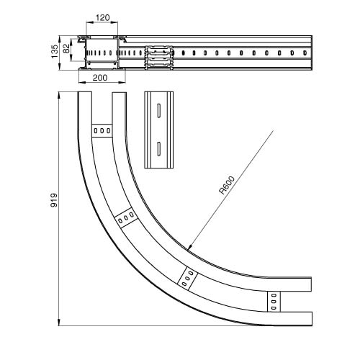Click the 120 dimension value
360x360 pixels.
click(x=102, y=17)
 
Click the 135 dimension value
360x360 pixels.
click(x=55, y=51)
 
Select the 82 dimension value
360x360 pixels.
click(x=66, y=48)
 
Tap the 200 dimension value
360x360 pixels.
click(x=100, y=78)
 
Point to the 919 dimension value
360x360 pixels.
click(x=54, y=200)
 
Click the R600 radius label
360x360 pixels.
click(x=227, y=185)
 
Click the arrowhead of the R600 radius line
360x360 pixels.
click(x=189, y=247)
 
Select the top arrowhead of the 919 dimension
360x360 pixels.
click(x=59, y=95)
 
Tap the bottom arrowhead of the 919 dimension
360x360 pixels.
click(x=59, y=323)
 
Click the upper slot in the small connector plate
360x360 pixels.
click(x=159, y=111)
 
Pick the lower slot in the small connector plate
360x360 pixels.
click(x=159, y=149)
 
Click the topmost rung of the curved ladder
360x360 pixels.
click(x=102, y=131)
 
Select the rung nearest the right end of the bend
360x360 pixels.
click(x=274, y=302)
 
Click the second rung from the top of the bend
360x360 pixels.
click(x=126, y=217)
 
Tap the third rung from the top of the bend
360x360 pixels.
click(x=187, y=279)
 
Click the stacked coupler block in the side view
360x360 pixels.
click(x=159, y=58)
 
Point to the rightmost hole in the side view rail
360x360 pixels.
click(x=305, y=53)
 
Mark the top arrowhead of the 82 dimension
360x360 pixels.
click(x=71, y=41)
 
